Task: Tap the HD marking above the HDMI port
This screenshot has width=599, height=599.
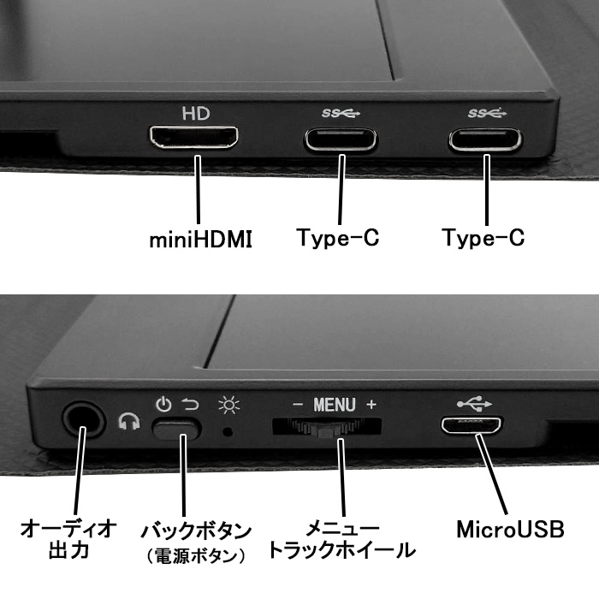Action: coord(195,113)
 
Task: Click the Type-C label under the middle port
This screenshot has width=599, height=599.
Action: coord(338,238)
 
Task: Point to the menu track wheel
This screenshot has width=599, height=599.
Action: coord(327,427)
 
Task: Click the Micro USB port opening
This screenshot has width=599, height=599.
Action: coord(471,424)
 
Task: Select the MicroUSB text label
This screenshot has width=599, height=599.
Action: coord(510,528)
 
